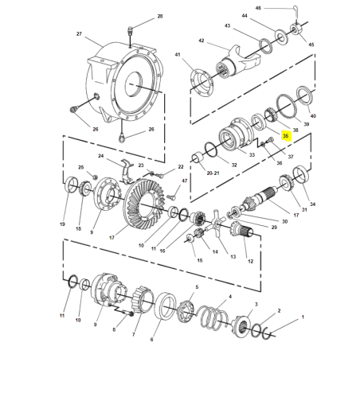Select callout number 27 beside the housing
tap(79, 34)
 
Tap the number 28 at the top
tap(159, 17)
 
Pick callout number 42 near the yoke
tap(202, 41)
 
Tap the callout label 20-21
tap(213, 172)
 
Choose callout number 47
tap(185, 181)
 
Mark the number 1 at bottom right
tap(302, 317)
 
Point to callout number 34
tap(312, 204)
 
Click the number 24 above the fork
tap(101, 156)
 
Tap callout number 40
tap(313, 116)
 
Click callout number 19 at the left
tap(61, 225)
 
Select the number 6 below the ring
tap(151, 339)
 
